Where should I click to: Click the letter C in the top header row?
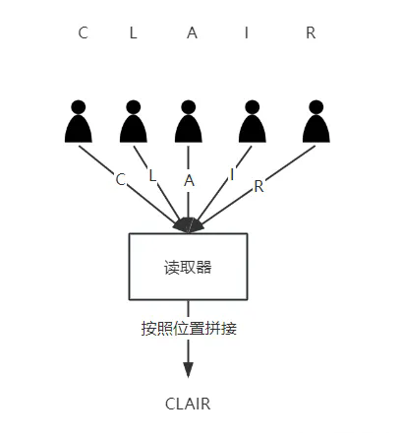tap(84, 32)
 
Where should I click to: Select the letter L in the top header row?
tap(134, 32)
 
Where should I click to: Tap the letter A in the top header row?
tap(192, 32)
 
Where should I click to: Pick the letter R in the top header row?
tap(311, 32)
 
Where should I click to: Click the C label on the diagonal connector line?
tap(121, 179)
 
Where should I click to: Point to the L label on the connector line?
tap(151, 175)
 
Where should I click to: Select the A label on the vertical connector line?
tap(189, 180)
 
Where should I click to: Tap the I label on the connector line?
tap(232, 174)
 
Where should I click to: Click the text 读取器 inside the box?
tap(188, 266)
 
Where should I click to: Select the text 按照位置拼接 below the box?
tap(190, 329)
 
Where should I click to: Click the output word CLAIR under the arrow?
tap(188, 404)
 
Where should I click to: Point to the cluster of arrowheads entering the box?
tap(188, 225)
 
